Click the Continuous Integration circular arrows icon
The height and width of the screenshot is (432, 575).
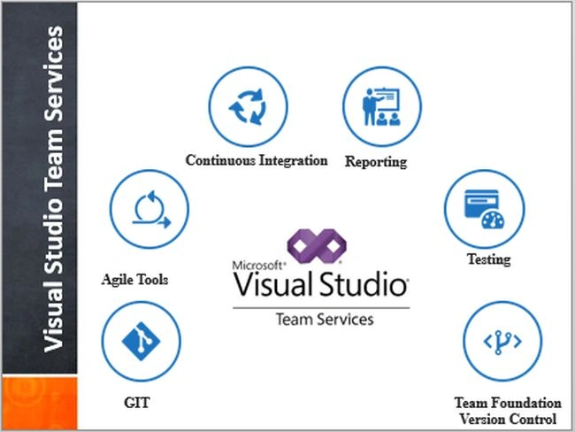tap(248, 106)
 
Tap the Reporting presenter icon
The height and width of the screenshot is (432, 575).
tap(381, 106)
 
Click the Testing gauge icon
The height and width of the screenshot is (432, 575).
tap(485, 209)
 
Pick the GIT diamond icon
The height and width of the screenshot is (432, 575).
tap(141, 342)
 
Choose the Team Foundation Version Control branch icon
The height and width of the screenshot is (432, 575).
tap(502, 342)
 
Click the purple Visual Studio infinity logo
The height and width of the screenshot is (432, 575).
tap(317, 246)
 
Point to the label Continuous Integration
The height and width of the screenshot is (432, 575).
tap(257, 160)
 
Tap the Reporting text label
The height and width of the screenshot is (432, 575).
tap(376, 162)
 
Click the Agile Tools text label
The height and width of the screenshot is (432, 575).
tap(135, 280)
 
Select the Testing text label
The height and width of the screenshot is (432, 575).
tap(488, 259)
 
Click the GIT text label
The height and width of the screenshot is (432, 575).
tap(137, 403)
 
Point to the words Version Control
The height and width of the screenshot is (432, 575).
tap(509, 419)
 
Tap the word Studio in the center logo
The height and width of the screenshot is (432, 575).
tap(364, 284)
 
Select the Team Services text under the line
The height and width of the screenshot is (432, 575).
tap(325, 320)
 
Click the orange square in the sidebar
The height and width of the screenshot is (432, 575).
tap(40, 403)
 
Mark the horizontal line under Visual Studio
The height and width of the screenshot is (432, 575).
tap(321, 308)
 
